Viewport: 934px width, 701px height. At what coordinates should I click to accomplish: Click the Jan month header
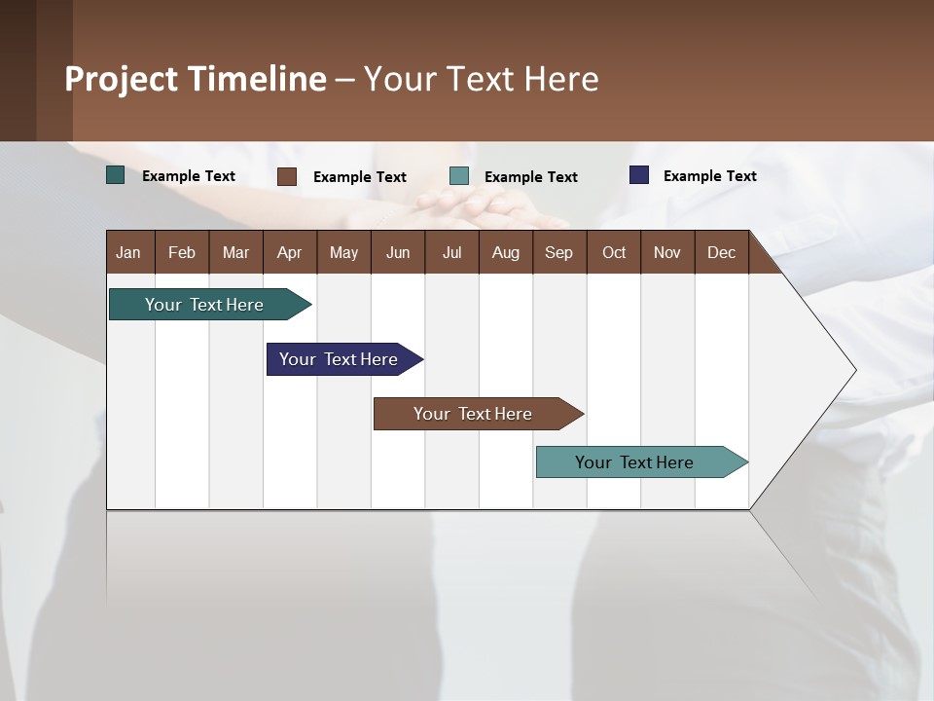[128, 252]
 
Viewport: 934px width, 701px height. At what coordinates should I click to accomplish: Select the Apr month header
[290, 252]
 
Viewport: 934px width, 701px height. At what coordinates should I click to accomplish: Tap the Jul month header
[451, 252]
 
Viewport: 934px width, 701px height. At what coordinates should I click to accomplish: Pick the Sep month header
[558, 252]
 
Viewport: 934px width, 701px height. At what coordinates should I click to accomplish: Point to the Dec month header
[721, 252]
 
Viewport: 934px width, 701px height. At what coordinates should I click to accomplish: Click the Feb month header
[182, 252]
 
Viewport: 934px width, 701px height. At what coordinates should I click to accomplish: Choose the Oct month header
[614, 252]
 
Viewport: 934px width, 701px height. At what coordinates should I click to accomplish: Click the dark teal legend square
[116, 175]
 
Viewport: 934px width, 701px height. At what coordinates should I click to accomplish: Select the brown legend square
[287, 176]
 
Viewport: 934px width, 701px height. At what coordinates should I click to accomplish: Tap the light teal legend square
[459, 176]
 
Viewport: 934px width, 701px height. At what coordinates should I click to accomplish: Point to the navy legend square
[639, 175]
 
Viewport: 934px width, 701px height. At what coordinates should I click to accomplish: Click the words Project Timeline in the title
[196, 79]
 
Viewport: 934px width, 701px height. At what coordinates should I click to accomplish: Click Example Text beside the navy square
[709, 176]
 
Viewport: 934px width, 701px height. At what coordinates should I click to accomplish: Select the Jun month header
[398, 252]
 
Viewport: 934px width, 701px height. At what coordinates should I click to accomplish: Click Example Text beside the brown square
[359, 177]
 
